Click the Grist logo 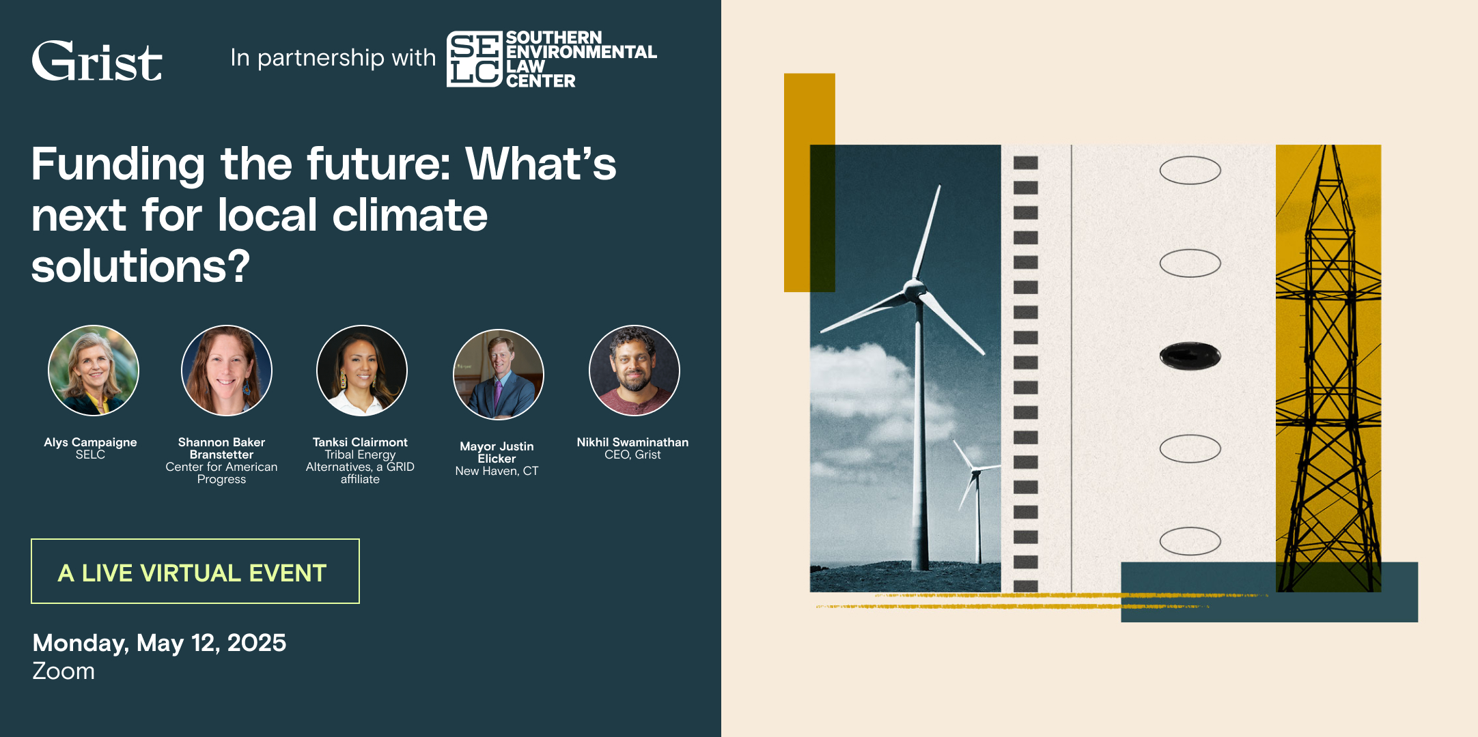[x=97, y=61]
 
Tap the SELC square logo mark [x=475, y=59]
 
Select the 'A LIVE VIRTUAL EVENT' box [x=195, y=571]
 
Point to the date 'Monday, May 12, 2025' [x=159, y=643]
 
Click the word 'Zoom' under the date [x=64, y=671]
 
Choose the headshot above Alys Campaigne [x=94, y=371]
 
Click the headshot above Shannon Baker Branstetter [x=227, y=371]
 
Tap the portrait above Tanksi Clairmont [x=362, y=371]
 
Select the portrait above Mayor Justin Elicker [x=499, y=375]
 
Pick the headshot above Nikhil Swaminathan [x=635, y=371]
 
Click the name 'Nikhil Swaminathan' [x=632, y=442]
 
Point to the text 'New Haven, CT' [x=497, y=471]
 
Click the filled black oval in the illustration [x=1190, y=356]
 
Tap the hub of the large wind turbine [x=915, y=289]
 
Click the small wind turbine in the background [x=977, y=502]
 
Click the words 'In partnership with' [x=333, y=58]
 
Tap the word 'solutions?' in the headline [x=141, y=266]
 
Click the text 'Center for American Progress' [x=221, y=473]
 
